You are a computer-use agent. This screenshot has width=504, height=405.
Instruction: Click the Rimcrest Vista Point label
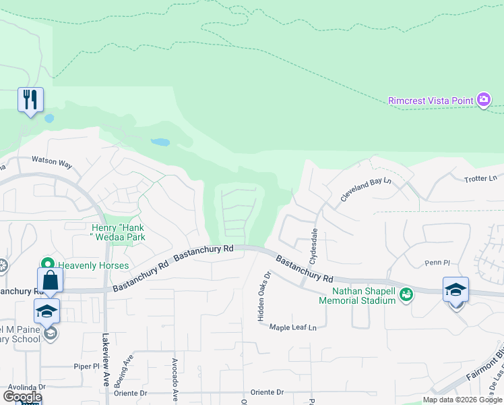(x=431, y=101)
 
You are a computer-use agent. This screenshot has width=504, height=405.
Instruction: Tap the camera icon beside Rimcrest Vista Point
(x=483, y=101)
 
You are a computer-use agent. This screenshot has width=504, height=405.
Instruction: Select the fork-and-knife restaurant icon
(x=30, y=100)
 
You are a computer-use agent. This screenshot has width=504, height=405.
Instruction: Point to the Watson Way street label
(x=52, y=163)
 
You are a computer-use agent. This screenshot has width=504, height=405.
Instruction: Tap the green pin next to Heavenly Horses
(x=47, y=264)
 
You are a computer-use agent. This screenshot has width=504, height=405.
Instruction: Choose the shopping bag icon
(x=50, y=279)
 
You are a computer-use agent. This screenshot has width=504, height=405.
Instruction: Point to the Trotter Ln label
(x=480, y=179)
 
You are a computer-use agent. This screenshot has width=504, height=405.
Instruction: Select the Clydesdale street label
(x=313, y=245)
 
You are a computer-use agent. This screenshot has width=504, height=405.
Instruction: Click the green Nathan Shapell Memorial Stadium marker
(x=406, y=294)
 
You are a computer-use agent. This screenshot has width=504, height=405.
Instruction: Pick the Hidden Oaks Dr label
(x=263, y=297)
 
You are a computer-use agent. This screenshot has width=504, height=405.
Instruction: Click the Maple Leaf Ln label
(x=292, y=327)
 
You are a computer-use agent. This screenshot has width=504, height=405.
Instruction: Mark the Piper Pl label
(x=87, y=366)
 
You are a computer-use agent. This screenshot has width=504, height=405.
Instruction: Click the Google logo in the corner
(x=22, y=397)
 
